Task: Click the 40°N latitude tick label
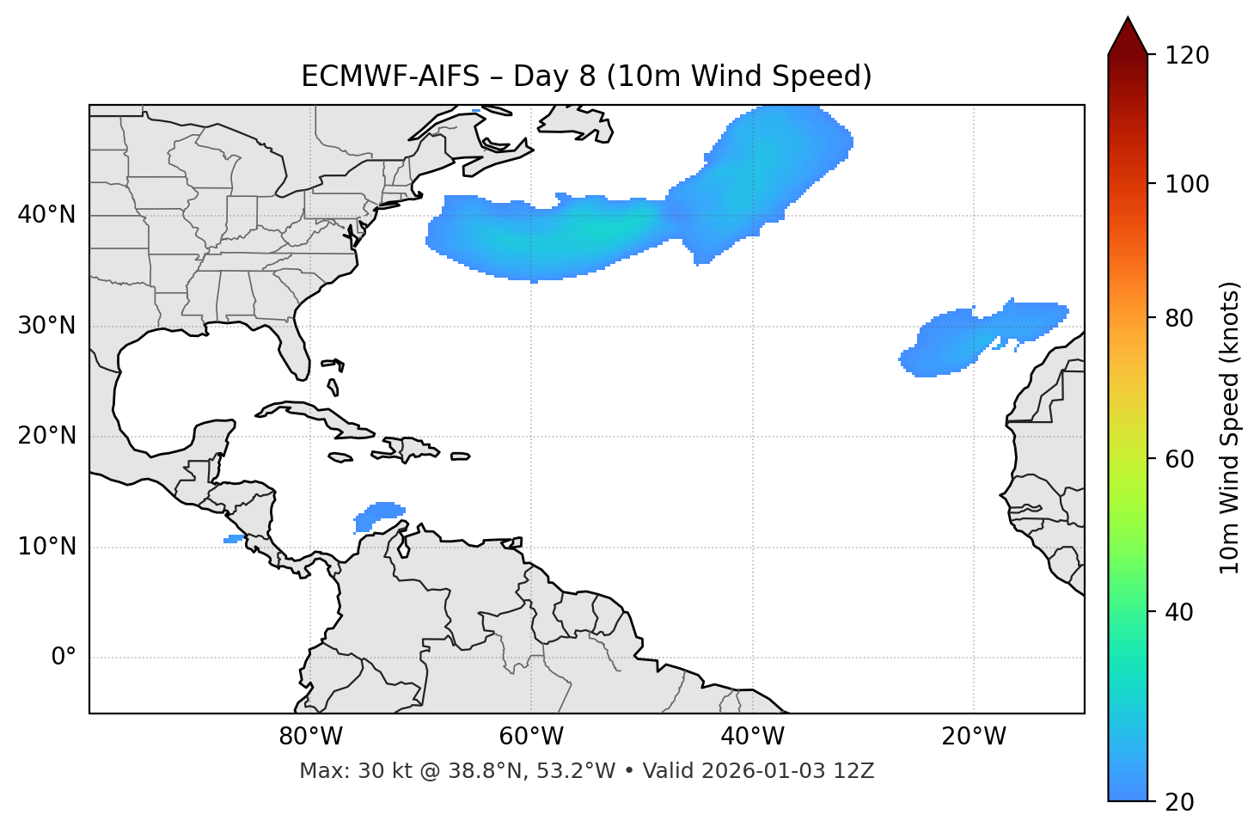[x=46, y=215]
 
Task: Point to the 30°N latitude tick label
[x=46, y=326]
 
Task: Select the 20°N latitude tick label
[x=46, y=436]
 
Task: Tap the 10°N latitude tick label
[x=46, y=547]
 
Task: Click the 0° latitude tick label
[x=64, y=657]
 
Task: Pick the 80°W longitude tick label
[x=310, y=737]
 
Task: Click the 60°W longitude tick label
[x=531, y=737]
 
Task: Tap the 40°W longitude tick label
[x=752, y=737]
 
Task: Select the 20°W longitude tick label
[x=973, y=737]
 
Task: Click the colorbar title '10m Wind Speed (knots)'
[x=1230, y=427]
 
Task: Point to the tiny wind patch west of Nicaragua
[x=234, y=539]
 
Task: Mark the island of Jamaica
[x=341, y=457]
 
